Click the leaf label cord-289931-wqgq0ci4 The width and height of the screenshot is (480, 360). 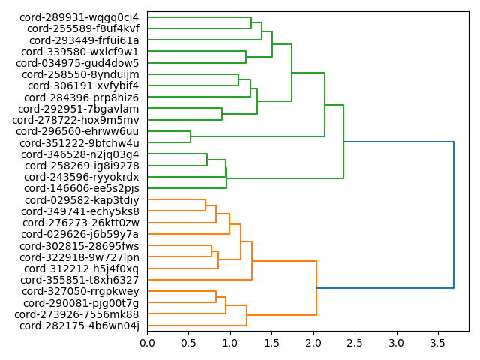click(x=79, y=17)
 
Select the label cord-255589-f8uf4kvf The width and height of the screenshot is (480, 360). click(x=83, y=28)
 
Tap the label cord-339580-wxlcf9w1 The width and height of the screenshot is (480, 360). click(x=80, y=52)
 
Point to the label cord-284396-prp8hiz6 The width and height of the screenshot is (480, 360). click(x=82, y=97)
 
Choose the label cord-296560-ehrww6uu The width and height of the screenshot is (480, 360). click(x=78, y=131)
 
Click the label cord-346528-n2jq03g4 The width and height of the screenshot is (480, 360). click(x=79, y=154)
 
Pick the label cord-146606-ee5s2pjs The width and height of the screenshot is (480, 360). click(x=79, y=188)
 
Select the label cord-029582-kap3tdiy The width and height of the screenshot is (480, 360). click(x=82, y=200)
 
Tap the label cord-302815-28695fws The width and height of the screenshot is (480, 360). click(x=79, y=246)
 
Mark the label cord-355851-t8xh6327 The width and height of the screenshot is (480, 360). click(x=79, y=280)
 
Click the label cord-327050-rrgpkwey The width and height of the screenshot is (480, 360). click(x=80, y=291)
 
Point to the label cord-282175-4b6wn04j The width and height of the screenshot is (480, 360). click(x=79, y=325)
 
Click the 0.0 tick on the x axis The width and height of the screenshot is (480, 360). click(x=147, y=343)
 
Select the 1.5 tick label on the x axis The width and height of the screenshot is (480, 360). click(x=271, y=343)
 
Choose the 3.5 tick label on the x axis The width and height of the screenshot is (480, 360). click(x=437, y=343)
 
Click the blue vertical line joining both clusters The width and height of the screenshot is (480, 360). click(x=454, y=214)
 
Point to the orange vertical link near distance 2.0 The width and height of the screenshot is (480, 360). click(x=316, y=288)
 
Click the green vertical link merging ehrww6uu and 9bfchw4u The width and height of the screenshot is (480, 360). click(x=190, y=137)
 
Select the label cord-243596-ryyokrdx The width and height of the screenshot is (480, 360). click(x=82, y=177)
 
